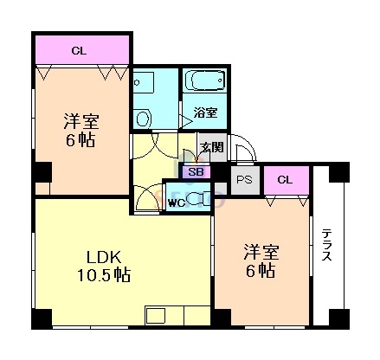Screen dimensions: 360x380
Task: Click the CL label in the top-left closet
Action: tap(79, 50)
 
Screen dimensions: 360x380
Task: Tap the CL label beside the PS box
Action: tap(286, 180)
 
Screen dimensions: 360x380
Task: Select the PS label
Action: tap(245, 180)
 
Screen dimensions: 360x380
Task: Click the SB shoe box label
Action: tap(196, 172)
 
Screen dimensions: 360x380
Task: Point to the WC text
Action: tap(174, 204)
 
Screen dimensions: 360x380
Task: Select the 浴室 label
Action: tap(205, 112)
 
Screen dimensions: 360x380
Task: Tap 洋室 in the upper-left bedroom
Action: tap(78, 120)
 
